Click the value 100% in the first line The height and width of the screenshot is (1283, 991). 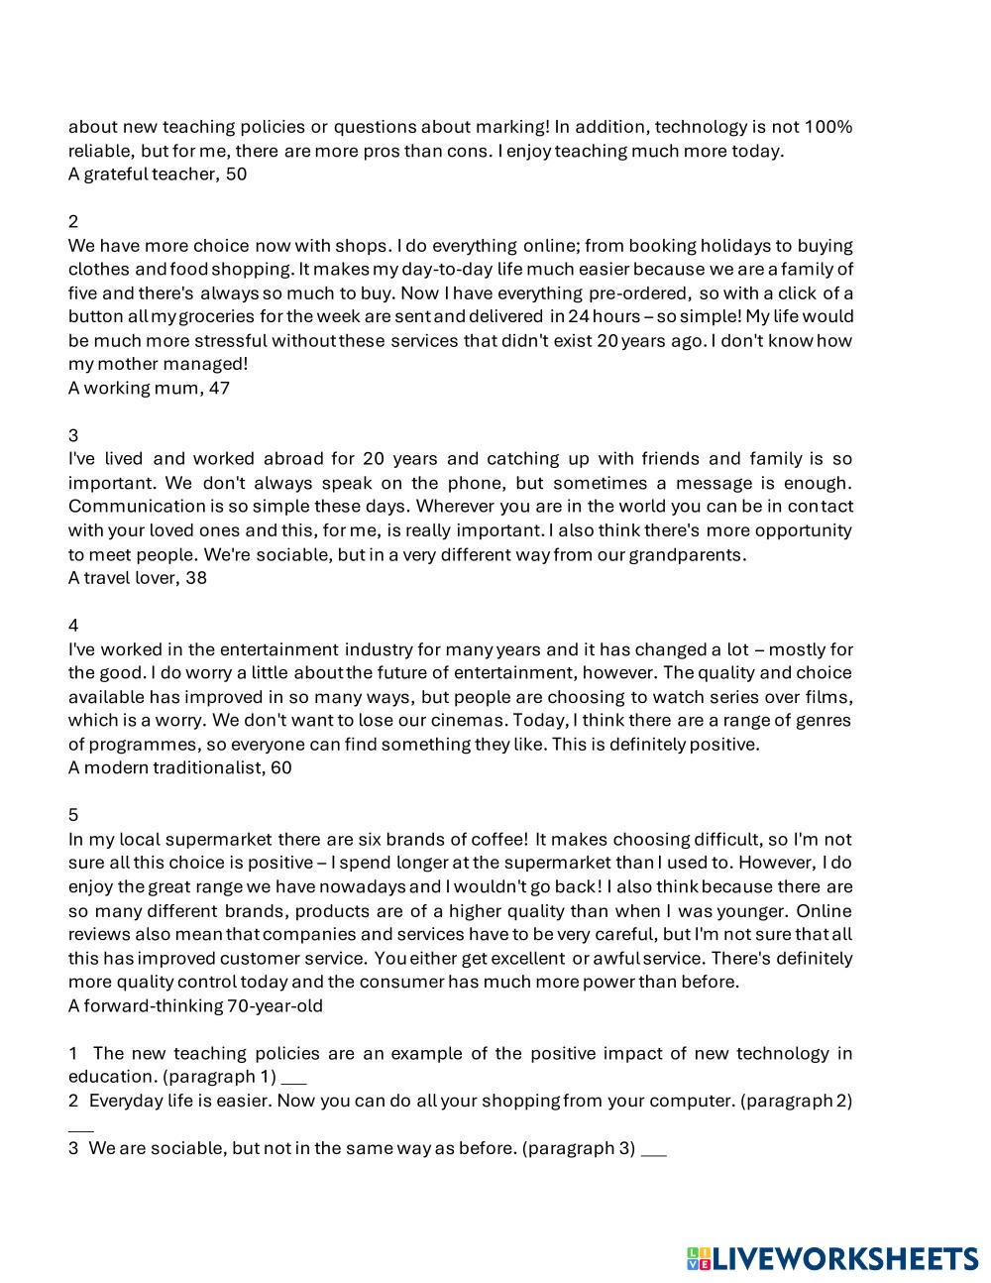pyautogui.click(x=828, y=127)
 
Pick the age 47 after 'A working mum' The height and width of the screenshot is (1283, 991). pyautogui.click(x=219, y=389)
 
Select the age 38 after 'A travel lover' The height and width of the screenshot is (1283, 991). pyautogui.click(x=196, y=578)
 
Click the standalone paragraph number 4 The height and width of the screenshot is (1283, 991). pyautogui.click(x=73, y=626)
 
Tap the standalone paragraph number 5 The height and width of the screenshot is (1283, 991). pyautogui.click(x=73, y=815)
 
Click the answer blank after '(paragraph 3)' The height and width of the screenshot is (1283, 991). pyautogui.click(x=654, y=1150)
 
